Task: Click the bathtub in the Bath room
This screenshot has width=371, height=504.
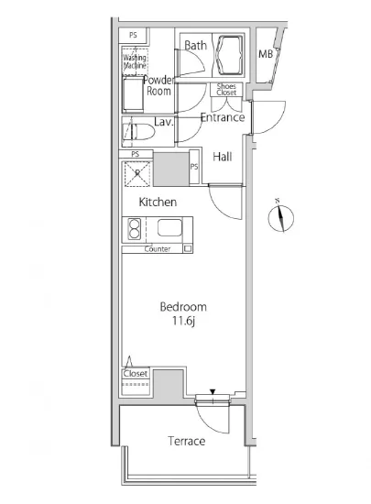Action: point(229,55)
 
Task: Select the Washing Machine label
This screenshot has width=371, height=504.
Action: point(135,61)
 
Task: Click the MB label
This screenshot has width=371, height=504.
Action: point(266,54)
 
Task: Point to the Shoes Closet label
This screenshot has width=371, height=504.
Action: point(226,90)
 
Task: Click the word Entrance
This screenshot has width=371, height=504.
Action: point(223,117)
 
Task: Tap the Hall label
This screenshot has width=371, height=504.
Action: point(223,157)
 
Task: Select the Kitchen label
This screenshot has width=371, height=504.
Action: point(158,203)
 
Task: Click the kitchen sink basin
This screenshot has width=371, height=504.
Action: point(169,227)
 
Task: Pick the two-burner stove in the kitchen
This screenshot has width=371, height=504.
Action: point(135,228)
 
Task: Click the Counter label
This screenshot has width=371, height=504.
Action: point(158,249)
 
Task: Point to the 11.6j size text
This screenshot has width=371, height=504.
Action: point(184,321)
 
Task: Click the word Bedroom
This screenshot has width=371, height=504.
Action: point(183,307)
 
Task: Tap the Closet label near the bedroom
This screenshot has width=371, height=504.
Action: point(136,374)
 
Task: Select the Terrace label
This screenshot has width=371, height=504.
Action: point(186,441)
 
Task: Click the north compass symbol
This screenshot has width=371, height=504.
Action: point(280,217)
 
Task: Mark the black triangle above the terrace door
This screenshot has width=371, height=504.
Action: point(213,392)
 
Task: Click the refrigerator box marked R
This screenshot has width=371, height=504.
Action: point(137,173)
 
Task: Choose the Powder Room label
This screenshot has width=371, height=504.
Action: point(158,85)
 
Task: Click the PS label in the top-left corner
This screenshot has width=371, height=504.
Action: point(133,35)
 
